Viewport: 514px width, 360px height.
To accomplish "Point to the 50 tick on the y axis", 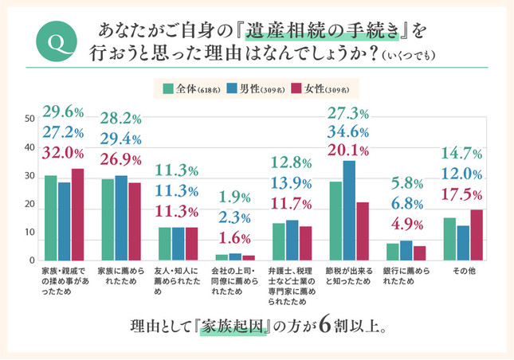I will [x=29, y=119].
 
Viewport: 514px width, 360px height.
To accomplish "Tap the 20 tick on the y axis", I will [x=29, y=205].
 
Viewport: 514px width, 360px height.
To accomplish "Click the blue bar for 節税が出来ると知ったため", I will [x=348, y=210].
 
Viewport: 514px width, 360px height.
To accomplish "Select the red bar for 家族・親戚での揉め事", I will [x=77, y=214].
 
